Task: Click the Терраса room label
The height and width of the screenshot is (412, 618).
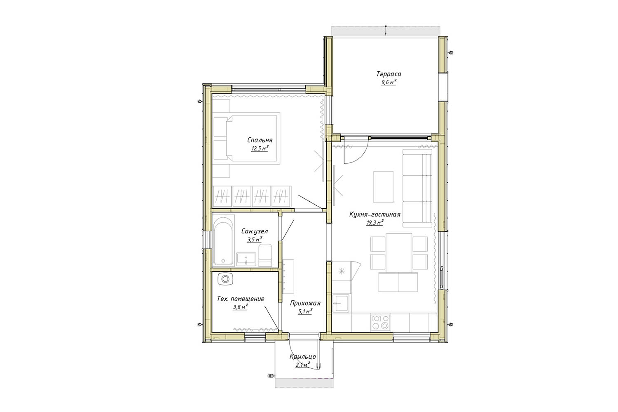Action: [389, 74]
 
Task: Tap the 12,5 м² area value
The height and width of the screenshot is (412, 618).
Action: [260, 148]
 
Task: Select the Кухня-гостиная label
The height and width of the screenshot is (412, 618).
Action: [375, 214]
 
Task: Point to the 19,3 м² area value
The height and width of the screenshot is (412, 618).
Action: [375, 223]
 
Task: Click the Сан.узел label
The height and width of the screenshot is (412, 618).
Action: [254, 231]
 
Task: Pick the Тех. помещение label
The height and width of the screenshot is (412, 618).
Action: [241, 299]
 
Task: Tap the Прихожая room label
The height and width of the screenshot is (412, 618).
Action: [305, 303]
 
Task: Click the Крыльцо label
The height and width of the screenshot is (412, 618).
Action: [303, 357]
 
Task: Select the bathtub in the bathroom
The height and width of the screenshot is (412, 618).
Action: [224, 241]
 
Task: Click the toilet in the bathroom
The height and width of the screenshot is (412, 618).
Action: [265, 255]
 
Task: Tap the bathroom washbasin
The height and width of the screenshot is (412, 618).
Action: [246, 259]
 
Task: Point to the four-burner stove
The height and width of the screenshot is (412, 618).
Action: [381, 323]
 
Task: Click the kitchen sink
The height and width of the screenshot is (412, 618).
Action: [341, 303]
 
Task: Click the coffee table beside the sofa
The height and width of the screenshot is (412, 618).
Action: [383, 187]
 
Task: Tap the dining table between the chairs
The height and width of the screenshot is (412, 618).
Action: [399, 252]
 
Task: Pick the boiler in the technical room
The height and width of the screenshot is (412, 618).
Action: [225, 279]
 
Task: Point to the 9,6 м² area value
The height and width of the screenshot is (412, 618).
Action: [389, 82]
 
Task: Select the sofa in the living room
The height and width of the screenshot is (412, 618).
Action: [417, 186]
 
